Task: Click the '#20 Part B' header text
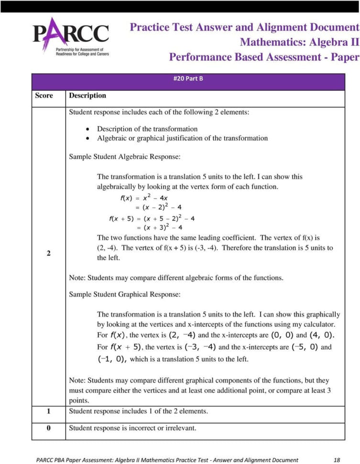tap(188, 78)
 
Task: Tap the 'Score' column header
tap(44, 96)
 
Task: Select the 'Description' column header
tap(87, 96)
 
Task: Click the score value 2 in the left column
tap(48, 253)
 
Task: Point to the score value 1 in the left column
tap(48, 411)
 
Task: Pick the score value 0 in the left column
tap(48, 428)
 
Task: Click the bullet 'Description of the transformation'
tap(147, 129)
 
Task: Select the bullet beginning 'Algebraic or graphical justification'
tap(182, 138)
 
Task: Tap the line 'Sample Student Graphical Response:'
tap(125, 294)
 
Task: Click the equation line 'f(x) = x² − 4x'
tap(143, 198)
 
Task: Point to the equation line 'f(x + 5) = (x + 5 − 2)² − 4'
tap(152, 219)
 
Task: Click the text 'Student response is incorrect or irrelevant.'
tap(132, 428)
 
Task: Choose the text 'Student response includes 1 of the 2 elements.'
tap(138, 411)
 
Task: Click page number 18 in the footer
tap(337, 460)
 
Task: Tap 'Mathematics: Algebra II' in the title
tap(299, 42)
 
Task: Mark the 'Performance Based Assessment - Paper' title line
tap(264, 57)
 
